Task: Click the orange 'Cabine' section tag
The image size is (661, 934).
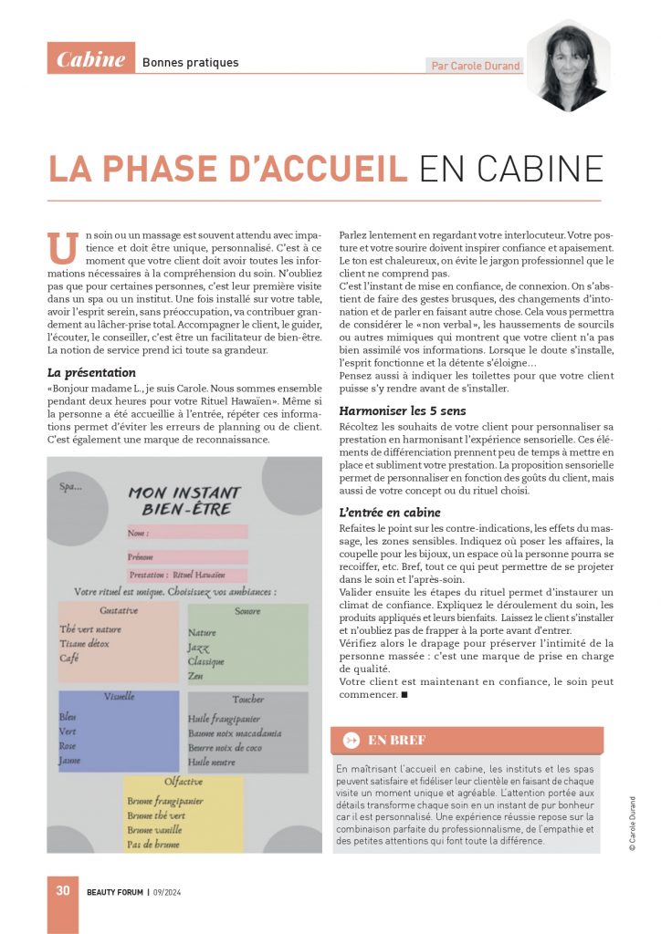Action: [91, 59]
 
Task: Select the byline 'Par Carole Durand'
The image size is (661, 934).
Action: [474, 66]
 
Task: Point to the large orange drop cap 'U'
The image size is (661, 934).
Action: [62, 248]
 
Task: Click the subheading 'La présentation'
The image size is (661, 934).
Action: [91, 372]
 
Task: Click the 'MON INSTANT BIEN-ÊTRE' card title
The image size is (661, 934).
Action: [184, 501]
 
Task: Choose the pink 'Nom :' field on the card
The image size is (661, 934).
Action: [187, 532]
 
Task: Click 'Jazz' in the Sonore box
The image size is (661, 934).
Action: [198, 647]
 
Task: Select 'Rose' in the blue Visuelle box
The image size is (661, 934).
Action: [68, 745]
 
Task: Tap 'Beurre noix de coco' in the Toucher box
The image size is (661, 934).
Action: [225, 747]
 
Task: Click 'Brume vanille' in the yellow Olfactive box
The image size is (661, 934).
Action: [155, 830]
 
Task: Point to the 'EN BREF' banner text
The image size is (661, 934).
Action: [397, 741]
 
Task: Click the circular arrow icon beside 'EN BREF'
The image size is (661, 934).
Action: [351, 741]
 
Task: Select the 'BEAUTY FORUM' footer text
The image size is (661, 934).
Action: [115, 892]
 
